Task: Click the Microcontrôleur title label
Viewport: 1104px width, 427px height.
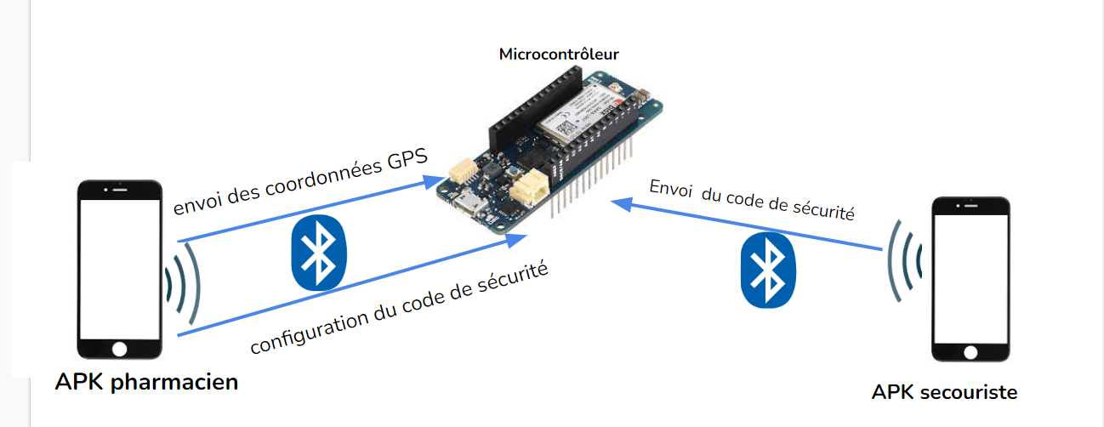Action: pos(559,54)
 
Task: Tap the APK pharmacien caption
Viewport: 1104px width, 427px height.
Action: pos(146,382)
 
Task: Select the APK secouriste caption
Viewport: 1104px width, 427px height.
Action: pos(944,392)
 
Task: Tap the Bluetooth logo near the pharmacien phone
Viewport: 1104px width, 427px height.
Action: pos(319,251)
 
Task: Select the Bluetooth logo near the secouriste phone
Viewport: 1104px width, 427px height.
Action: pos(769,270)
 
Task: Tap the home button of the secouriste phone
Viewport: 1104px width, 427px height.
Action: pos(970,351)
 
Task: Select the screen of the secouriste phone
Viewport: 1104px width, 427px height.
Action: pos(970,276)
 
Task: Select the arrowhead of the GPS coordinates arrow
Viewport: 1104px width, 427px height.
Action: pos(437,180)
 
